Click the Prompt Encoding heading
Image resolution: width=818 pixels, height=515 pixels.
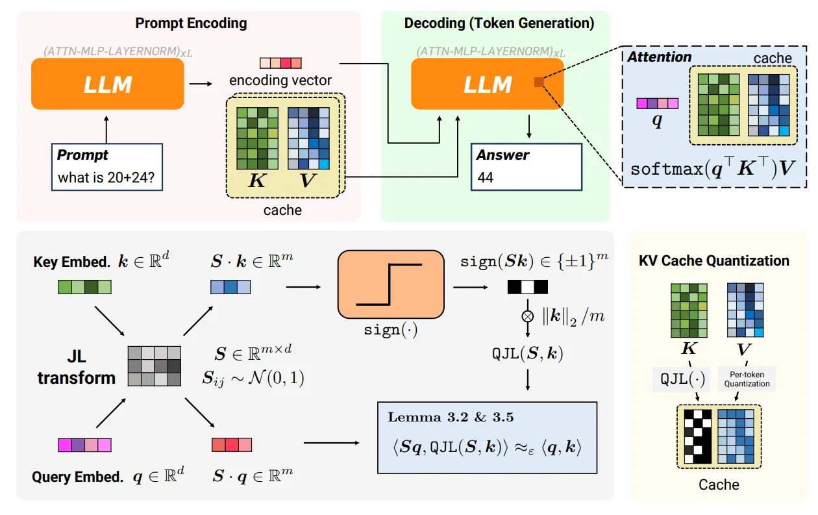point(191,23)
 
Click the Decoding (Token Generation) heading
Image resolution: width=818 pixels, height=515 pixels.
point(499,23)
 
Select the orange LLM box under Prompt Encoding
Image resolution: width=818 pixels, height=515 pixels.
point(108,84)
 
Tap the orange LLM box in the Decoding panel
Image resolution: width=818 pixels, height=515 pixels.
point(488,84)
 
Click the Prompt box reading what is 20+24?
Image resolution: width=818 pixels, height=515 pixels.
point(108,168)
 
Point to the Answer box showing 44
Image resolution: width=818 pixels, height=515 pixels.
point(527,167)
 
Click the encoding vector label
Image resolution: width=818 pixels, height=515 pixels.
point(280,81)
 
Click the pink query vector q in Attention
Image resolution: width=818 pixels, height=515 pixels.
point(657,103)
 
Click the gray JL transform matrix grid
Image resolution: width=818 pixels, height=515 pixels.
point(155,366)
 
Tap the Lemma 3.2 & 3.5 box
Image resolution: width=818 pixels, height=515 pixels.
point(487,438)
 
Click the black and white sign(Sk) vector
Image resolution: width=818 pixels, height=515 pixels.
point(527,286)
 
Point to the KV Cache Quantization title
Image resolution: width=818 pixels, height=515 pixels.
point(714,261)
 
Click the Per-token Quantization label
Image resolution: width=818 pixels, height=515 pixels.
point(747,379)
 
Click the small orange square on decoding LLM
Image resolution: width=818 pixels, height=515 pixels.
point(538,82)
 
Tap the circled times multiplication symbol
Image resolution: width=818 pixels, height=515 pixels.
point(528,316)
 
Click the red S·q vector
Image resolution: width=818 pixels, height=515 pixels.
point(232,444)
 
